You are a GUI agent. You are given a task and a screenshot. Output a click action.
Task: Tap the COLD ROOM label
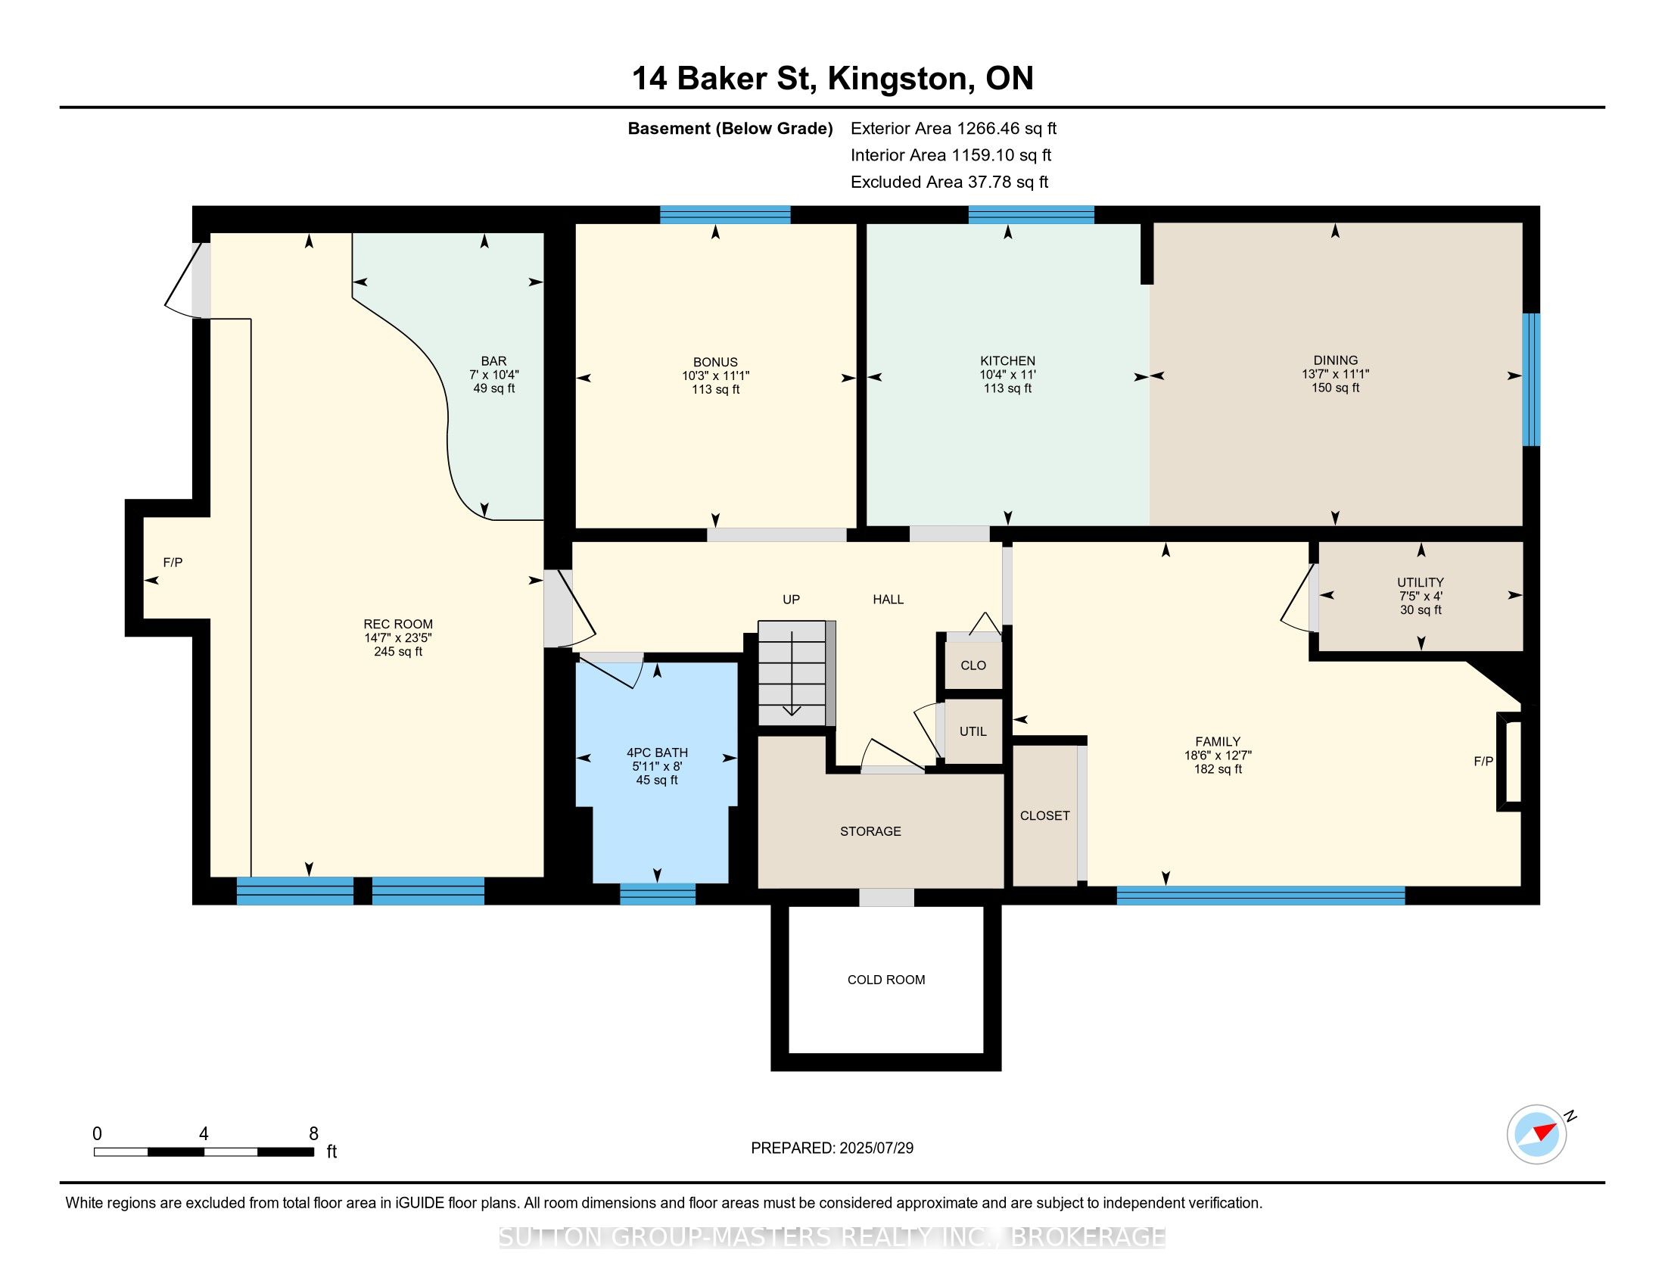(x=886, y=980)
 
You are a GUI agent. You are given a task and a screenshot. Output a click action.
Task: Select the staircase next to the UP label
(x=793, y=673)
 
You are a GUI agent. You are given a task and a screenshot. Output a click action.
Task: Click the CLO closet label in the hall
(x=973, y=665)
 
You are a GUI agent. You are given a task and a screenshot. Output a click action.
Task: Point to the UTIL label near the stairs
(x=973, y=731)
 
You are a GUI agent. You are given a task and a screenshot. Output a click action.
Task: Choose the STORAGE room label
(x=870, y=831)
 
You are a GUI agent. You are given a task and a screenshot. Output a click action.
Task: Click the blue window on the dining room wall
(x=1531, y=379)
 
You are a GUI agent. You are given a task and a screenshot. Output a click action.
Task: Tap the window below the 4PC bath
(x=657, y=893)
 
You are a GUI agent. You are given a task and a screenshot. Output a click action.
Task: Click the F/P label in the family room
(x=1483, y=761)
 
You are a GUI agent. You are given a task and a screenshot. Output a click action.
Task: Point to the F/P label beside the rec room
(x=173, y=562)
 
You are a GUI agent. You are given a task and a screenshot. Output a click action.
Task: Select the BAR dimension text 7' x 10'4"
(x=494, y=374)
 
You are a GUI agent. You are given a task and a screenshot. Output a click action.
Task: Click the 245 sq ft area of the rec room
(x=398, y=652)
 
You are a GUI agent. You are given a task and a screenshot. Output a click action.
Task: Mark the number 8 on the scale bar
(x=313, y=1134)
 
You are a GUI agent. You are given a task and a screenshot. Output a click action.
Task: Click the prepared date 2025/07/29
(x=876, y=1148)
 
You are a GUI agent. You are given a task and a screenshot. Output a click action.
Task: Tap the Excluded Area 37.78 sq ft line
(x=949, y=182)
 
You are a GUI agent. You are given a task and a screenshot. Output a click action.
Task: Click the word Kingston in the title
(x=901, y=79)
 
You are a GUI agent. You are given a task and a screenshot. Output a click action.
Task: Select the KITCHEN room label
(x=1008, y=360)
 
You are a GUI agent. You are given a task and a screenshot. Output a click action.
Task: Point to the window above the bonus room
(x=725, y=215)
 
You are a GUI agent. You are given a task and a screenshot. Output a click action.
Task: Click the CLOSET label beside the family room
(x=1044, y=816)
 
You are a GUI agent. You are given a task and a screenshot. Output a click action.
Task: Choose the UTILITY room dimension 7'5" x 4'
(x=1421, y=597)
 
